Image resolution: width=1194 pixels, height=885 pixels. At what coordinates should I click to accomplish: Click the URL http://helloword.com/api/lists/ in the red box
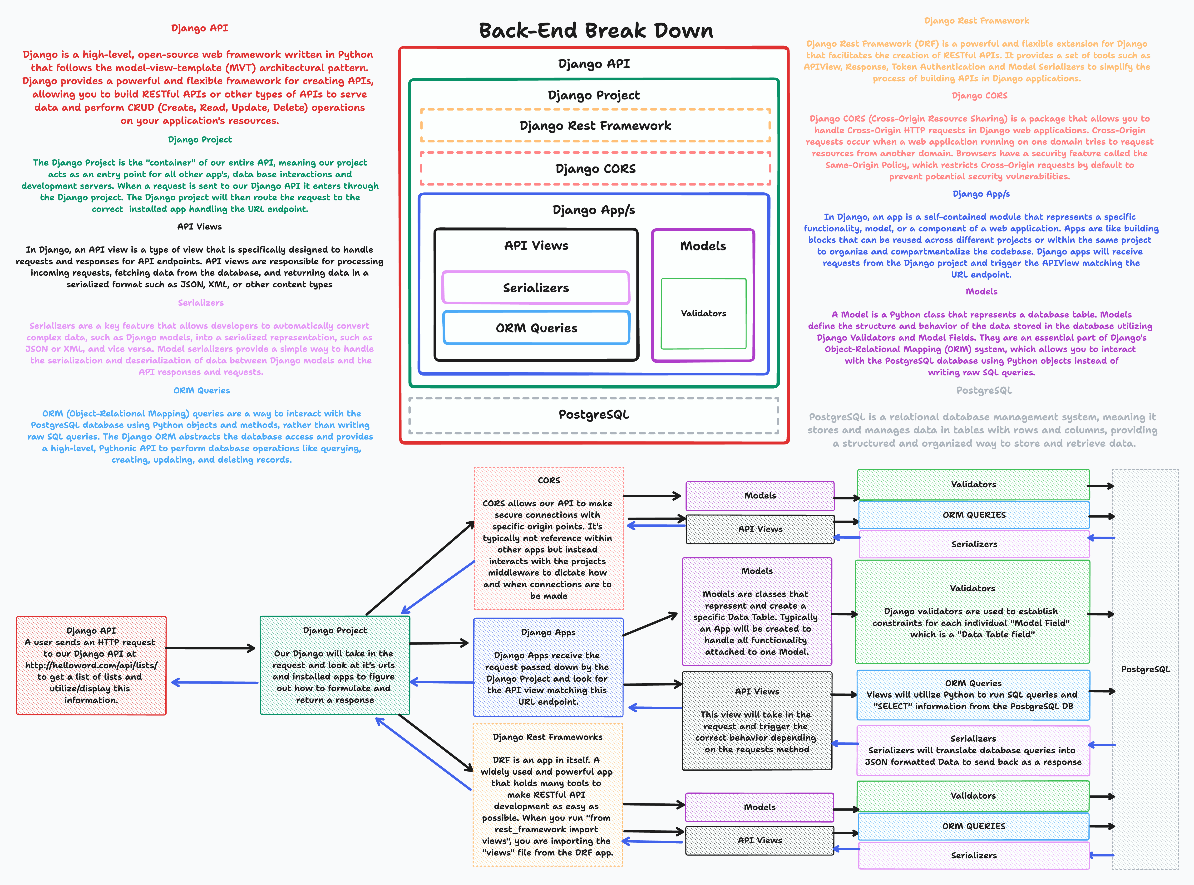(91, 665)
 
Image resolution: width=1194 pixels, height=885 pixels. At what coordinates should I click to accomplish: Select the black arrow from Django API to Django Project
(211, 648)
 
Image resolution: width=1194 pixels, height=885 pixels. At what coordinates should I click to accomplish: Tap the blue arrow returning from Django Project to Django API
(214, 683)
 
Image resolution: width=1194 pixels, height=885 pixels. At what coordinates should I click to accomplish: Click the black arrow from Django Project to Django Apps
(438, 643)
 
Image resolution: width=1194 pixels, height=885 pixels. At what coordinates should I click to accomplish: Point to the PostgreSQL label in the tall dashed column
(1145, 669)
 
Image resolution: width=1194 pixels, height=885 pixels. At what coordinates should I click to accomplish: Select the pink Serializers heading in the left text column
(200, 303)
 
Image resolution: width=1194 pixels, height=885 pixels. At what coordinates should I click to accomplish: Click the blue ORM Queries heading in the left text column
(202, 391)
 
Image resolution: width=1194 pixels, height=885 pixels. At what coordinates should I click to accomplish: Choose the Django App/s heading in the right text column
(981, 194)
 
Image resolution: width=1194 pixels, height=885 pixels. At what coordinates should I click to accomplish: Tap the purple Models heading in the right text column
(981, 291)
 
